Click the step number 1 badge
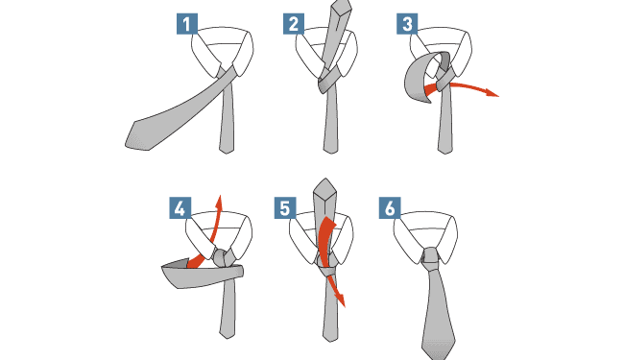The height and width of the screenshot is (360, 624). click(187, 24)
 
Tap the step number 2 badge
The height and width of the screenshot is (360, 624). click(294, 24)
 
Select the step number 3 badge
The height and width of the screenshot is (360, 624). click(407, 24)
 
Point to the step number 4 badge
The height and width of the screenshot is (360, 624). click(180, 208)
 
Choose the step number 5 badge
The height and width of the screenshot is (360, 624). click(285, 208)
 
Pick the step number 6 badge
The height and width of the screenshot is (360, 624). click(390, 208)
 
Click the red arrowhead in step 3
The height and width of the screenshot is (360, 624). click(492, 93)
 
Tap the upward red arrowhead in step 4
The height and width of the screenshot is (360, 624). click(219, 201)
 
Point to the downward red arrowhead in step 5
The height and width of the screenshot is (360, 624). click(340, 300)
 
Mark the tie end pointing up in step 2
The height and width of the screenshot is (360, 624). click(342, 7)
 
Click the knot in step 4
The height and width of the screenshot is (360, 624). click(222, 258)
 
